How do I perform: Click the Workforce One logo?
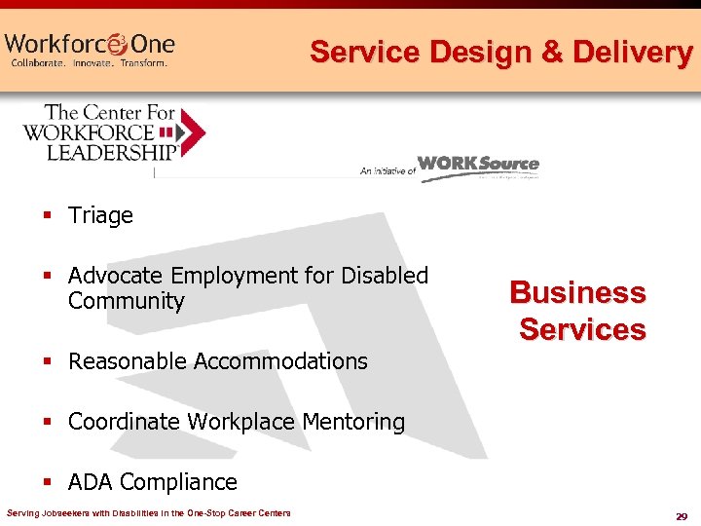[x=90, y=44]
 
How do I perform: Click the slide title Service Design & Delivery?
[x=500, y=52]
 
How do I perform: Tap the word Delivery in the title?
[x=633, y=52]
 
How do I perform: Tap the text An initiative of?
[x=387, y=170]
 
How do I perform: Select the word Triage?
[x=100, y=215]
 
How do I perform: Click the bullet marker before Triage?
[x=46, y=215]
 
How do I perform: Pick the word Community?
[x=126, y=301]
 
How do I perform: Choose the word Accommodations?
[x=280, y=361]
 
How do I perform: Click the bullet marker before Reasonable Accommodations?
[x=46, y=361]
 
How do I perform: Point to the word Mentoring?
[x=353, y=422]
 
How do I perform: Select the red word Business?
[x=577, y=292]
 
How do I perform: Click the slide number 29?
[x=681, y=514]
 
